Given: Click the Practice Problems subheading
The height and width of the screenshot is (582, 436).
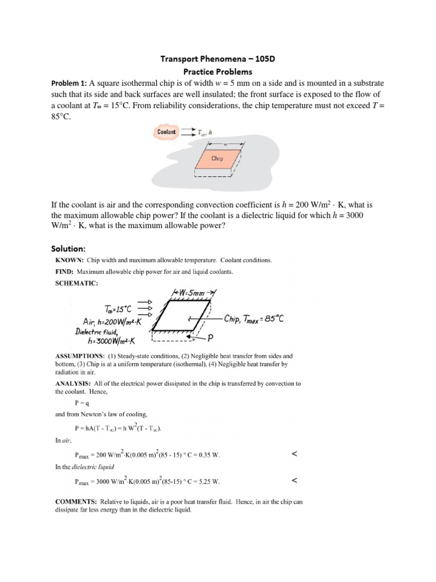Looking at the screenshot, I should click(218, 72).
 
